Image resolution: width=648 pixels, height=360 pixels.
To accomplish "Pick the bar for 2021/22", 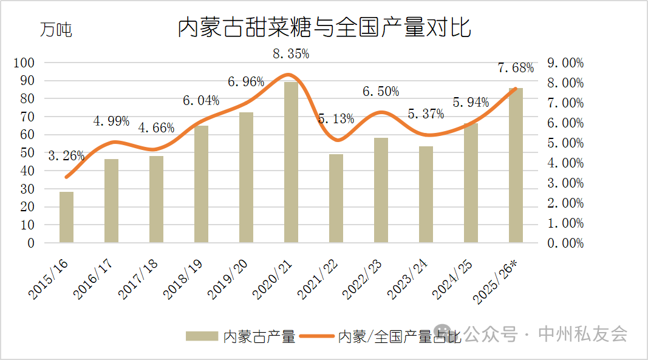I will pyautogui.click(x=336, y=199).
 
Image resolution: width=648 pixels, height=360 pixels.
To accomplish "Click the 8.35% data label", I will pyautogui.click(x=291, y=53).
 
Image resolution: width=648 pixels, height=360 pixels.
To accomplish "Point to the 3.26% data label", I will pyautogui.click(x=66, y=155).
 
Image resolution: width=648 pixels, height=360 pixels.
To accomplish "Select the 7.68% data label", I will pyautogui.click(x=516, y=67).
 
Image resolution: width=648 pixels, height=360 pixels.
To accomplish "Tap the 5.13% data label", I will pyautogui.click(x=336, y=119).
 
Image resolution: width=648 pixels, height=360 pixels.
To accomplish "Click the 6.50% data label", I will pyautogui.click(x=381, y=92).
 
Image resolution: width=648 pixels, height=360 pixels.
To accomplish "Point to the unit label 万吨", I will pyautogui.click(x=56, y=29).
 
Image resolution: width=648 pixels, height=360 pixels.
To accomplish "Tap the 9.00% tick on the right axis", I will pyautogui.click(x=565, y=63).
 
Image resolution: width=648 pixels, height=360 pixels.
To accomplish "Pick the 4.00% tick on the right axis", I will pyautogui.click(x=565, y=163).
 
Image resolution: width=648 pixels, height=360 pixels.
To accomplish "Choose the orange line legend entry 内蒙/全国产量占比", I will pyautogui.click(x=389, y=336).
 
